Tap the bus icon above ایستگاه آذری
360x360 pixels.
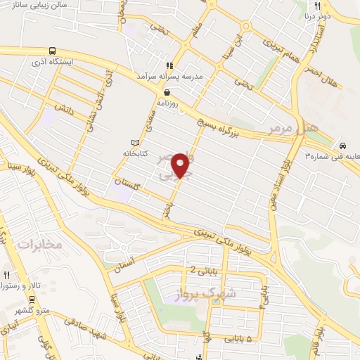tap(53, 51)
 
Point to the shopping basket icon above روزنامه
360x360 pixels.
tap(167, 92)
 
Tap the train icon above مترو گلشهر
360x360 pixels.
tap(18, 298)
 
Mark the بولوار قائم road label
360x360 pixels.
tap(321, 331)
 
